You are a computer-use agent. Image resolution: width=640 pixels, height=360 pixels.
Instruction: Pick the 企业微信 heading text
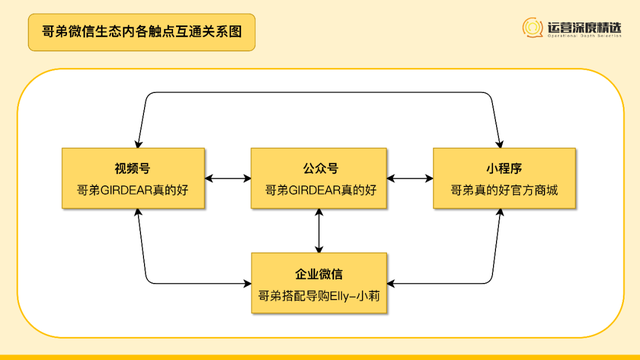coord(319,272)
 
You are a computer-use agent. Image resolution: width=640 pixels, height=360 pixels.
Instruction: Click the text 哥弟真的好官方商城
coord(504,189)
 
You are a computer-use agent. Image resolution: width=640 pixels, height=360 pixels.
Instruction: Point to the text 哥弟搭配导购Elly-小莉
coord(319,295)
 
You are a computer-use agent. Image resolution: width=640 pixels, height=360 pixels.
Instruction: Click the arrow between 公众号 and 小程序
coord(410,179)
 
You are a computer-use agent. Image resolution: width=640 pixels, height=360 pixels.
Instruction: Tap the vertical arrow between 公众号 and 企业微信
coord(319,231)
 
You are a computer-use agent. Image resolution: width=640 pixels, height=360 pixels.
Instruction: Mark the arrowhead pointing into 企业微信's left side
coord(245,284)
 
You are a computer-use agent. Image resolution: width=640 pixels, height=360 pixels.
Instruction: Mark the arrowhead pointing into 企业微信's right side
coord(393,284)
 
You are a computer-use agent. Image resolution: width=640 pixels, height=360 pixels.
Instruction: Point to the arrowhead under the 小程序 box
coord(499,216)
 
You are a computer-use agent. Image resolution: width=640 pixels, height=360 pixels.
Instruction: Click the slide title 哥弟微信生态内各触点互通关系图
coord(140,32)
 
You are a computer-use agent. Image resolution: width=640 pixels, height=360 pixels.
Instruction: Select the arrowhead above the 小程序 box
coord(499,143)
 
